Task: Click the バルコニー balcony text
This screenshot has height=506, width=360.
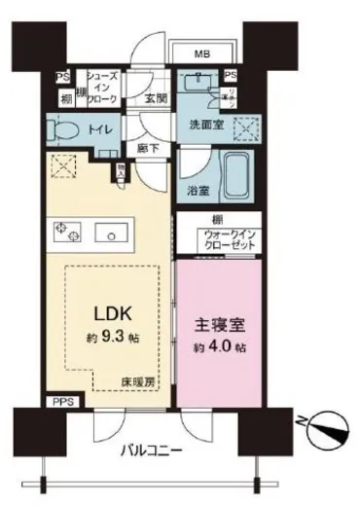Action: [155, 452]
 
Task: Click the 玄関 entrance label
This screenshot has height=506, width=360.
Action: [156, 98]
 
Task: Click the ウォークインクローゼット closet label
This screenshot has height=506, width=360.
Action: [231, 240]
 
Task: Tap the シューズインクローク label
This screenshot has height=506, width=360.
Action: [102, 88]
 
